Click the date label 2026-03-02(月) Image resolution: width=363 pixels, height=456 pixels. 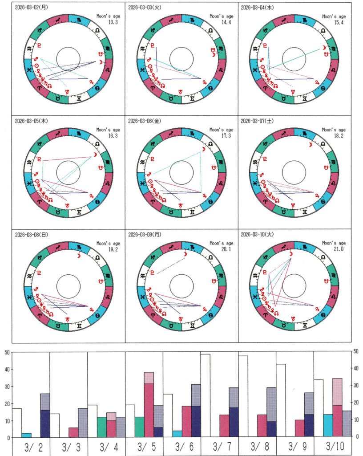pyautogui.click(x=32, y=8)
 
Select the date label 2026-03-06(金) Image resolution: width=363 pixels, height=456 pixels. pyautogui.click(x=145, y=121)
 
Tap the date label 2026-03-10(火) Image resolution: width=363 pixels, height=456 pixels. pyautogui.click(x=258, y=234)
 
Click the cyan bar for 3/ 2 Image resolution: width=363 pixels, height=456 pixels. pyautogui.click(x=26, y=435)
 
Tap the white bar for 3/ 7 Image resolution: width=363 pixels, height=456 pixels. pyautogui.click(x=205, y=395)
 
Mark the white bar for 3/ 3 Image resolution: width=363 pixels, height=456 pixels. pyautogui.click(x=55, y=426)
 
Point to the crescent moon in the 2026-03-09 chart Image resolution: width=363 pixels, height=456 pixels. pyautogui.click(x=186, y=254)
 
